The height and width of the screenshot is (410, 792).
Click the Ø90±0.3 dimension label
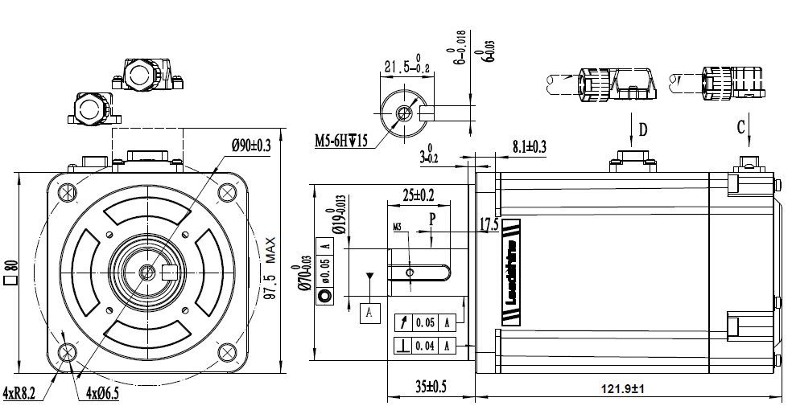point(250,146)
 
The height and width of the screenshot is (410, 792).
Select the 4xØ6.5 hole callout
point(102,393)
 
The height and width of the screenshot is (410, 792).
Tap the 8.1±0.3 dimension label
point(529,146)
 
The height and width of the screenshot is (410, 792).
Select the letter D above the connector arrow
point(642,129)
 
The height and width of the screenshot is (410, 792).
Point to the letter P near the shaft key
point(432,218)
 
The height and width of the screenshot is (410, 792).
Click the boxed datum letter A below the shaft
point(369,312)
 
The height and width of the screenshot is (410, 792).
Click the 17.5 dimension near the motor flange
point(489,224)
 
